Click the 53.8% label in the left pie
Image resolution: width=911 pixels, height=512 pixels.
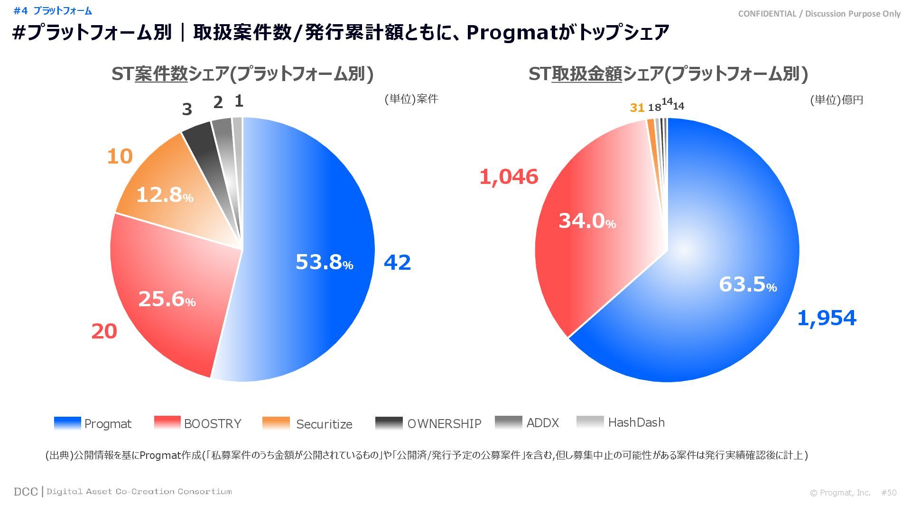(324, 262)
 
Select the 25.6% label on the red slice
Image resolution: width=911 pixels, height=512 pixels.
(167, 299)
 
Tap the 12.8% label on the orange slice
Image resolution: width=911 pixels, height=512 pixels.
(164, 195)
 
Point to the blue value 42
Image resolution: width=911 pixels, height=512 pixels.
(397, 263)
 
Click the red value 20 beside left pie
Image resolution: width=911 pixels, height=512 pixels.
(104, 331)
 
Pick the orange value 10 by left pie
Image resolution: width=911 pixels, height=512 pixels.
(120, 156)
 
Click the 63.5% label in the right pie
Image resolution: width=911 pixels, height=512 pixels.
(747, 284)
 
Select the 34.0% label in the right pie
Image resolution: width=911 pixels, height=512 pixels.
(587, 221)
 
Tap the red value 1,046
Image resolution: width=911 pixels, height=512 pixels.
(509, 177)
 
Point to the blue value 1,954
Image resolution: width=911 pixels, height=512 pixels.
(827, 318)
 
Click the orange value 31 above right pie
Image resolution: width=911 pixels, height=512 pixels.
(637, 108)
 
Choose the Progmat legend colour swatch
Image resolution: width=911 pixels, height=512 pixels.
(67, 423)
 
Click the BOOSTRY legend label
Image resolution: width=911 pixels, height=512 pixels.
(213, 424)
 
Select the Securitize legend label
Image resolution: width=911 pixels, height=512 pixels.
(324, 424)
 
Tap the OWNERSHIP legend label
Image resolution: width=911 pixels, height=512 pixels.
(444, 424)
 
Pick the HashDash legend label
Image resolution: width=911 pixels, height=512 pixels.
(636, 422)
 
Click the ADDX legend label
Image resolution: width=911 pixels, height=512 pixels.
(543, 423)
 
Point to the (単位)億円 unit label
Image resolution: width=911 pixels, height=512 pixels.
(837, 100)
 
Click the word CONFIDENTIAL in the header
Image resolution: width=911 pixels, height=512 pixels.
(767, 14)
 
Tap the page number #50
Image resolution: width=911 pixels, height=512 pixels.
(889, 493)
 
